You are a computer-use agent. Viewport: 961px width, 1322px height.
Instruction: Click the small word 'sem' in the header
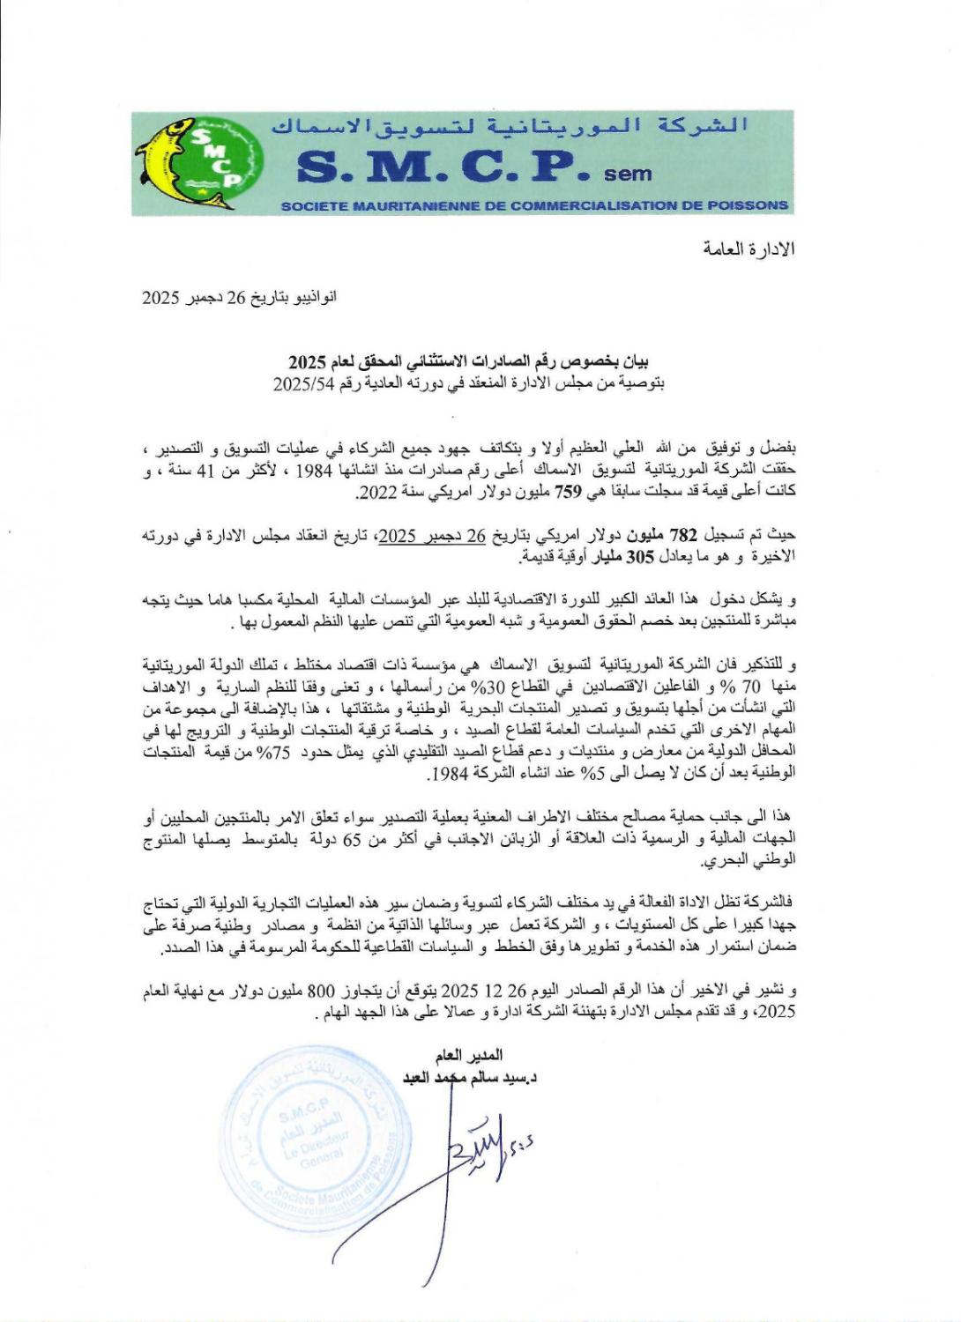(x=628, y=174)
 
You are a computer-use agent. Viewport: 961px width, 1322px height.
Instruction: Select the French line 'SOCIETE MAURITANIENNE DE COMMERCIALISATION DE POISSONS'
(x=533, y=206)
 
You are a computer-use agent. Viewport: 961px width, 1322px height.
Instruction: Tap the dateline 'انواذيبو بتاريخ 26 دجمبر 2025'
(x=239, y=298)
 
